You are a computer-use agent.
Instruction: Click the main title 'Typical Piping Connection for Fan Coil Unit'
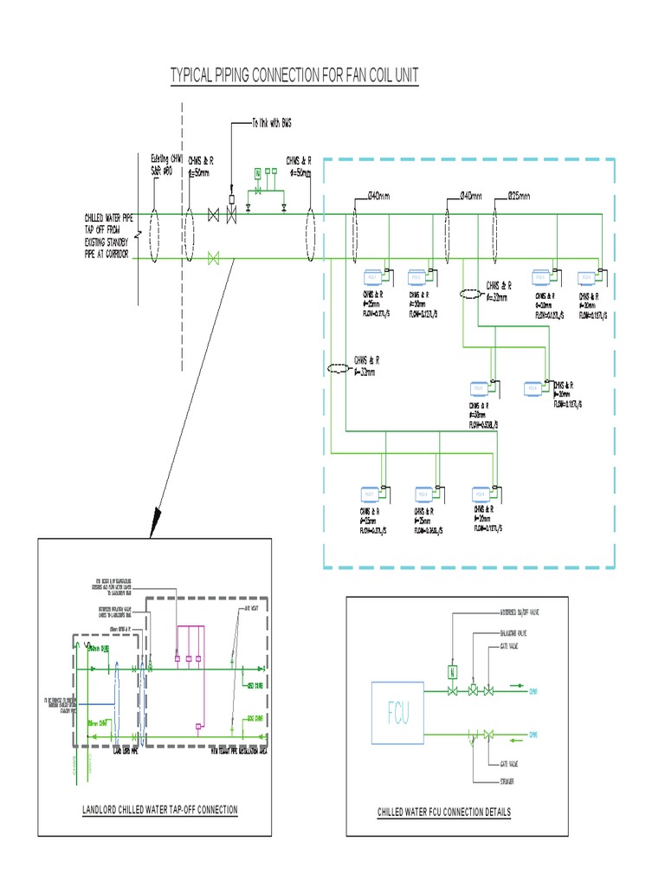click(294, 76)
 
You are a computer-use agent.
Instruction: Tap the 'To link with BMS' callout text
click(272, 123)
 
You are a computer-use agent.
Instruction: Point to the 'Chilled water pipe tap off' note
click(107, 236)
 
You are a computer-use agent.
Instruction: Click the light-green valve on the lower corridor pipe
click(216, 258)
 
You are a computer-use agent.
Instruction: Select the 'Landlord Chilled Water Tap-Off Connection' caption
click(159, 810)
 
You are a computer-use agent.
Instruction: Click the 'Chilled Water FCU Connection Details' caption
click(444, 812)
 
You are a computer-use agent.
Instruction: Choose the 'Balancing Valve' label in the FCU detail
click(510, 633)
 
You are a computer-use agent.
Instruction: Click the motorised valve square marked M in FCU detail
click(451, 670)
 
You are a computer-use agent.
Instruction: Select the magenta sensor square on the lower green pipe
click(198, 725)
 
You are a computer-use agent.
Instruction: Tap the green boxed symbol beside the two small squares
click(257, 174)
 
